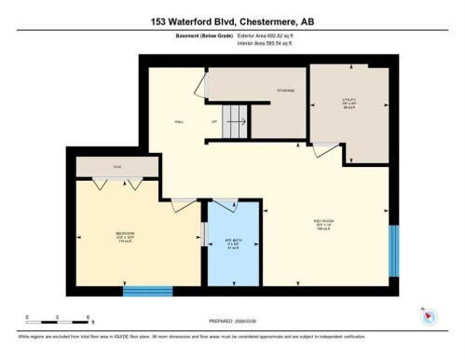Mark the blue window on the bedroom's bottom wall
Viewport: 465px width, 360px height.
click(x=147, y=291)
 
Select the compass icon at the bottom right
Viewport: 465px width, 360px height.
click(x=428, y=315)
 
